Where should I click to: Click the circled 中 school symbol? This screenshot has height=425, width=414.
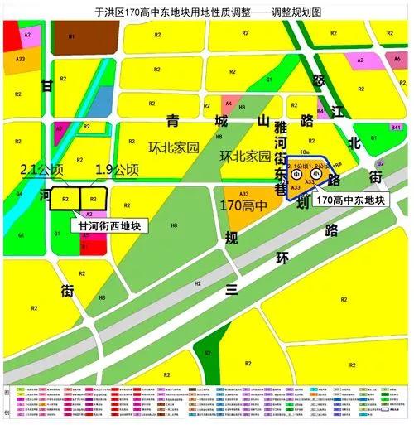click(296, 175)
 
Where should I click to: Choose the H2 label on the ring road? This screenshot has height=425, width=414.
click(198, 283)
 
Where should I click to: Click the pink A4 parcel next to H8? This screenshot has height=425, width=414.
click(229, 104)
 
